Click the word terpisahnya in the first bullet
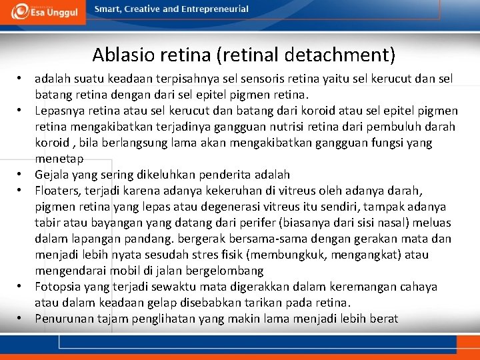(x=177, y=79)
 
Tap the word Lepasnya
(x=59, y=111)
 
